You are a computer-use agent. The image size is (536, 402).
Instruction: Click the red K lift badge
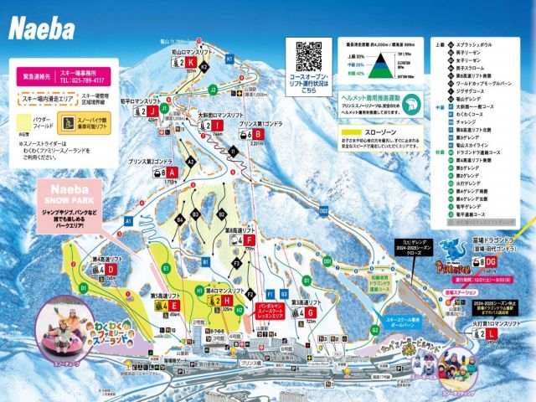[191, 62]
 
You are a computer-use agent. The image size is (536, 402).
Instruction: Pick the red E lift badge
[172, 307]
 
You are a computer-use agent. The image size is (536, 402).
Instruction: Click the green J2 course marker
[214, 89]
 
